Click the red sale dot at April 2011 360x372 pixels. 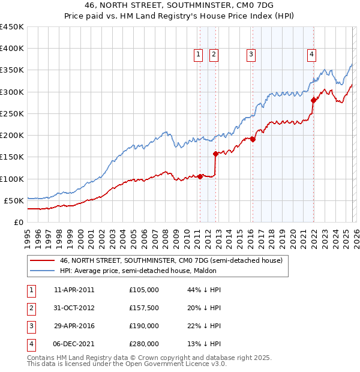pos(200,176)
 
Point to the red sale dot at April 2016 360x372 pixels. pos(253,140)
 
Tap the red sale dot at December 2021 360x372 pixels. pos(313,101)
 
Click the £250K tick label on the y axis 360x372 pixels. pos(12,113)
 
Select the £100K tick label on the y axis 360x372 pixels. pos(12,179)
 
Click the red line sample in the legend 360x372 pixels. pos(42,260)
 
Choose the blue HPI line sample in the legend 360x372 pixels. pos(42,271)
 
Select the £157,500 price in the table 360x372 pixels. pos(143,308)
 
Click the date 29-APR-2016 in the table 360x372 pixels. pos(74,326)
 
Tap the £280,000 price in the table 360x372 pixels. pos(143,344)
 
